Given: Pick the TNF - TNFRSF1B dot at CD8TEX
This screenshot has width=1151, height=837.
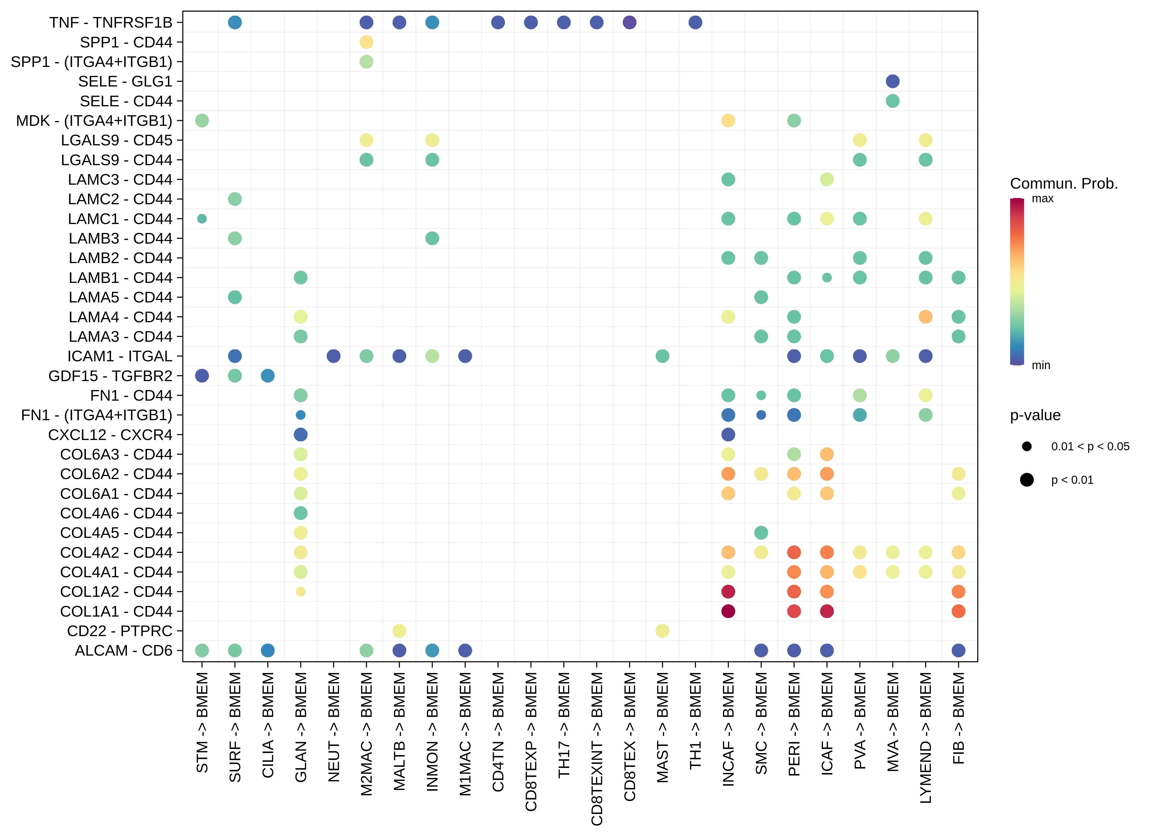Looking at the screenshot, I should [x=629, y=22].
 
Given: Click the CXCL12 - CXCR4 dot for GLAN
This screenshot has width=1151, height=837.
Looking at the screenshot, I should [x=301, y=434].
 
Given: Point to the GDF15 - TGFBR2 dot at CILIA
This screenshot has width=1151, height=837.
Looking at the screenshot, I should [x=267, y=376].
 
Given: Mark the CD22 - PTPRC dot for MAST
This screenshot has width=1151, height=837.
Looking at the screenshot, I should [x=662, y=631].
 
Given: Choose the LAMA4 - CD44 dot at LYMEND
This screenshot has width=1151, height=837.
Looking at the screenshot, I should [x=925, y=317].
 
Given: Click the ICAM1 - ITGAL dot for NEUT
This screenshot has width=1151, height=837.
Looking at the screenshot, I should [x=333, y=356].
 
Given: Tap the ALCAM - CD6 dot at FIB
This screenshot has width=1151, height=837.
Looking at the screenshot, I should [x=958, y=650].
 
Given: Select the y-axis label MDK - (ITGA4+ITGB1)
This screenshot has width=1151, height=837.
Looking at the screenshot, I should [x=94, y=121].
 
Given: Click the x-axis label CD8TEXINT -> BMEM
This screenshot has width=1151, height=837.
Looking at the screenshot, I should [x=597, y=749].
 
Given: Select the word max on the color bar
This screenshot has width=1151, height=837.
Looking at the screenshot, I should [x=1042, y=198].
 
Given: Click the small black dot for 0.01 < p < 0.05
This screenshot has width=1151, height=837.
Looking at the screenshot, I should [x=1027, y=446].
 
